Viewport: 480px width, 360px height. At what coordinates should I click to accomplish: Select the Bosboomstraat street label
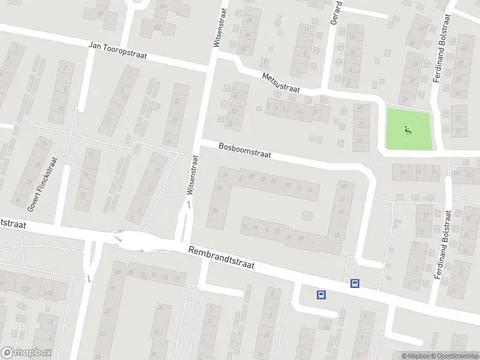pyautogui.click(x=245, y=150)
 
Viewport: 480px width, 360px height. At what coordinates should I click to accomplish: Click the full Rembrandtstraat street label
pyautogui.click(x=221, y=259)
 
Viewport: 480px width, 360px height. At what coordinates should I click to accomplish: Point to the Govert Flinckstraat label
pyautogui.click(x=41, y=184)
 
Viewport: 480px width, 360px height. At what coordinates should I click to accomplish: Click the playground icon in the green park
pyautogui.click(x=408, y=129)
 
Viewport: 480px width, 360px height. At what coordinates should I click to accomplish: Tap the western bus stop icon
pyautogui.click(x=322, y=295)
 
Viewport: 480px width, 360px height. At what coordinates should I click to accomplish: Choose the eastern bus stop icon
pyautogui.click(x=355, y=284)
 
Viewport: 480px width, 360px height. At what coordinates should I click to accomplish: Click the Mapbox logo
pyautogui.click(x=26, y=353)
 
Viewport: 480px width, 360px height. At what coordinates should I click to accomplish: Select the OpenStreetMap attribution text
pyautogui.click(x=454, y=356)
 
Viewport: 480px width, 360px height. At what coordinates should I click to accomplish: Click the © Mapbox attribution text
pyautogui.click(x=415, y=356)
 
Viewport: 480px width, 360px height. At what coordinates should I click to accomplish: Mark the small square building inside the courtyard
pyautogui.click(x=307, y=215)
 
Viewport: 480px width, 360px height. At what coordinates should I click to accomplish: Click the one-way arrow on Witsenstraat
pyautogui.click(x=190, y=205)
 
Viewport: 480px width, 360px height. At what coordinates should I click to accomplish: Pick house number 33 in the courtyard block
pyautogui.click(x=276, y=230)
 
